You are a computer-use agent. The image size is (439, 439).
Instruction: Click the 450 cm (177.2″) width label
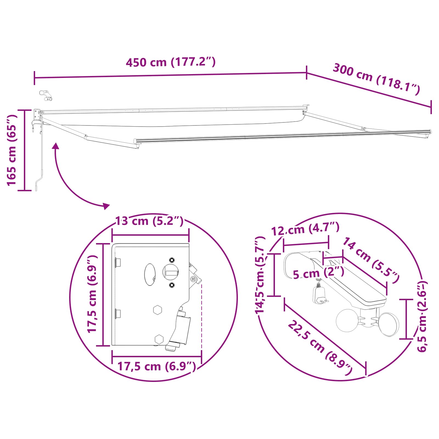tap(171, 62)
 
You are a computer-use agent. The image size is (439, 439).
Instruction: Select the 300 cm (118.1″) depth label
tap(376, 79)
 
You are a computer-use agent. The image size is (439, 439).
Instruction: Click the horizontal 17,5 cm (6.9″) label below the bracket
tap(157, 366)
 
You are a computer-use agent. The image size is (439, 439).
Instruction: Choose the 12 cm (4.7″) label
tap(305, 229)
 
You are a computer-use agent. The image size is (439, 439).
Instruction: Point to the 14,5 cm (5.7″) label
tap(260, 275)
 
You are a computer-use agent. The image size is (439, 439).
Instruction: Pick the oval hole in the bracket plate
tap(150, 274)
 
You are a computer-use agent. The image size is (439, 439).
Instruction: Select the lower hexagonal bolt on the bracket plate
tap(159, 339)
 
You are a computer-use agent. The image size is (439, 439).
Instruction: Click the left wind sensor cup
tap(347, 320)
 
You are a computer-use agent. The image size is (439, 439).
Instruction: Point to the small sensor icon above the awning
tap(46, 95)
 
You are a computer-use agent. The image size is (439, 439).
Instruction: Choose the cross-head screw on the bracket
tap(193, 279)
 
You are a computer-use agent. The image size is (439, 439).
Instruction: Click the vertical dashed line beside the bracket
tap(201, 316)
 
